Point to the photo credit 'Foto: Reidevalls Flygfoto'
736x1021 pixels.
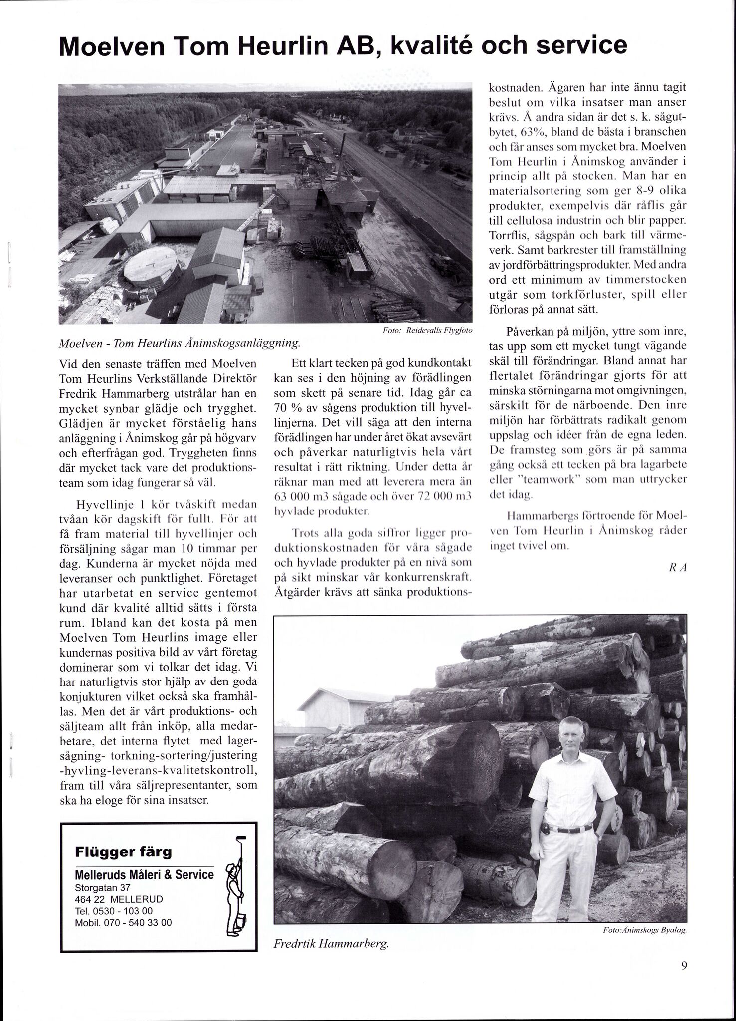point(427,331)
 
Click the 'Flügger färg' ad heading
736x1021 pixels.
point(123,851)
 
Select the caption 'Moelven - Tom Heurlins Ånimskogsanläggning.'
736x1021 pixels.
point(180,343)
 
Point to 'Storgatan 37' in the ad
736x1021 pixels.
point(102,888)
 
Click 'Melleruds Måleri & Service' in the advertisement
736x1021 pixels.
point(144,875)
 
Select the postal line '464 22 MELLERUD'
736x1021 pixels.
point(119,899)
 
